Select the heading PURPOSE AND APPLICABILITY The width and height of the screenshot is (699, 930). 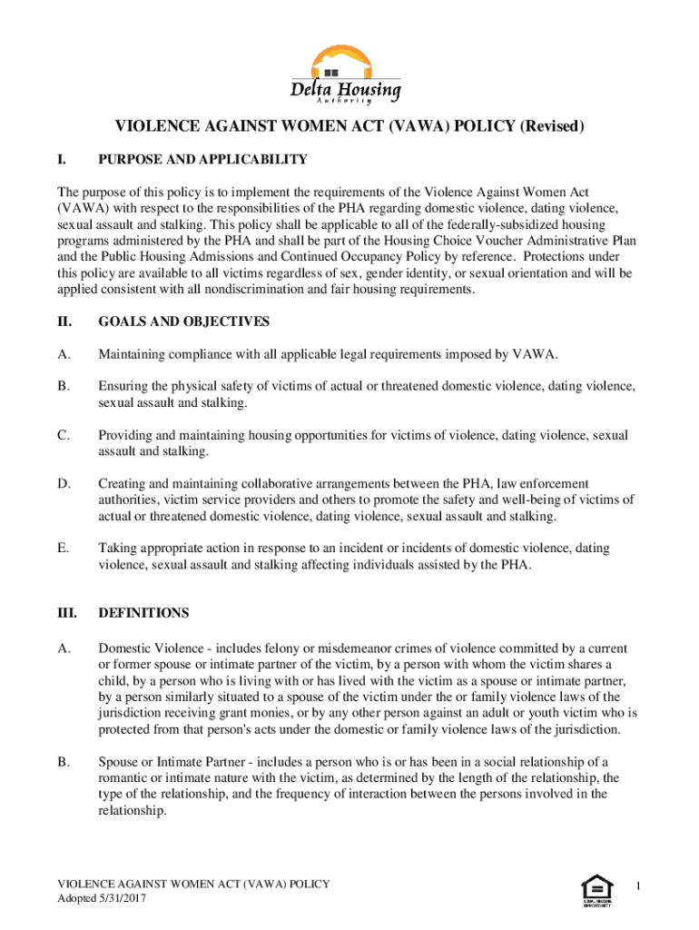[202, 160]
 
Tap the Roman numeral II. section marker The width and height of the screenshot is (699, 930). [64, 322]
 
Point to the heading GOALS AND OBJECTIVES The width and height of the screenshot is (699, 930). [183, 322]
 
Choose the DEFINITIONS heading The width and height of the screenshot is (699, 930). [143, 613]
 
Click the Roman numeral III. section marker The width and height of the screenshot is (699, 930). [66, 613]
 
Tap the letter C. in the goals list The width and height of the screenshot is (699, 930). [63, 436]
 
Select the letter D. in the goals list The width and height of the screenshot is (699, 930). [63, 484]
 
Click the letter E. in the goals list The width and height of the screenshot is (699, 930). [63, 549]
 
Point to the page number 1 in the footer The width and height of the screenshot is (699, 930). [639, 885]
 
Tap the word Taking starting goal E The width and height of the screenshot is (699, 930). [118, 549]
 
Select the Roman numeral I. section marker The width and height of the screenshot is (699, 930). [60, 160]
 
